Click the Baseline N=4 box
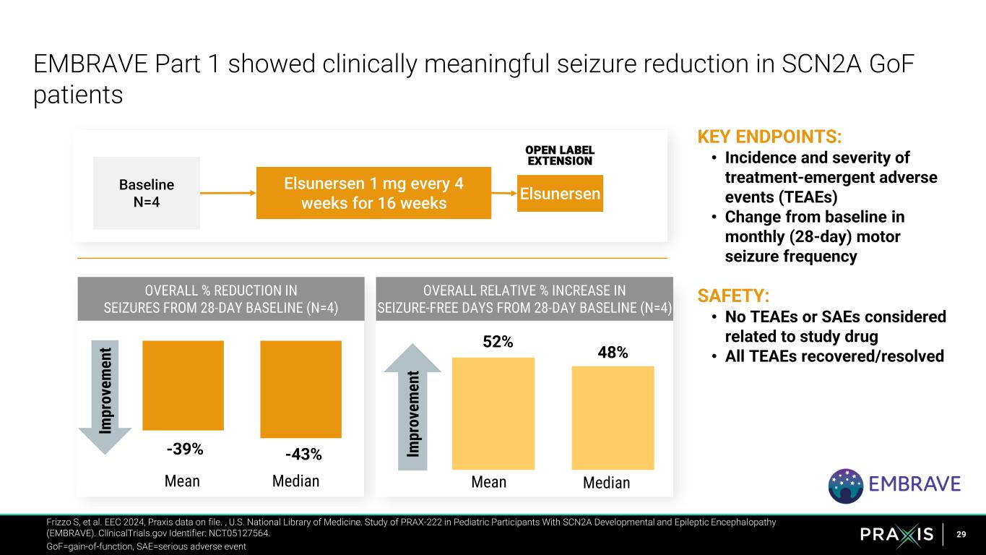(x=146, y=193)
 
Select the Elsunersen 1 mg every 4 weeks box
(x=373, y=193)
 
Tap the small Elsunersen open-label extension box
(x=560, y=194)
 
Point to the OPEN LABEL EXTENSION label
(x=559, y=155)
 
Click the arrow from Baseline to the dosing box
(x=228, y=193)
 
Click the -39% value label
(x=185, y=449)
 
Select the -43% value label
(x=303, y=455)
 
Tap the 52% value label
(x=498, y=342)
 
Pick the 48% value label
(x=613, y=352)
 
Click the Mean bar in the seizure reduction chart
(x=183, y=384)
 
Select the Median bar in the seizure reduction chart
(x=300, y=389)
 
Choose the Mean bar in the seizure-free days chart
(x=493, y=413)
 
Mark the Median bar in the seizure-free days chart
(x=613, y=418)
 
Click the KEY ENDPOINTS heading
(x=769, y=137)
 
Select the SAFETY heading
(x=732, y=296)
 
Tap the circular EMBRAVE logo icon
(x=845, y=485)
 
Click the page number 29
(x=961, y=534)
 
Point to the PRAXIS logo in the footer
(x=897, y=534)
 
